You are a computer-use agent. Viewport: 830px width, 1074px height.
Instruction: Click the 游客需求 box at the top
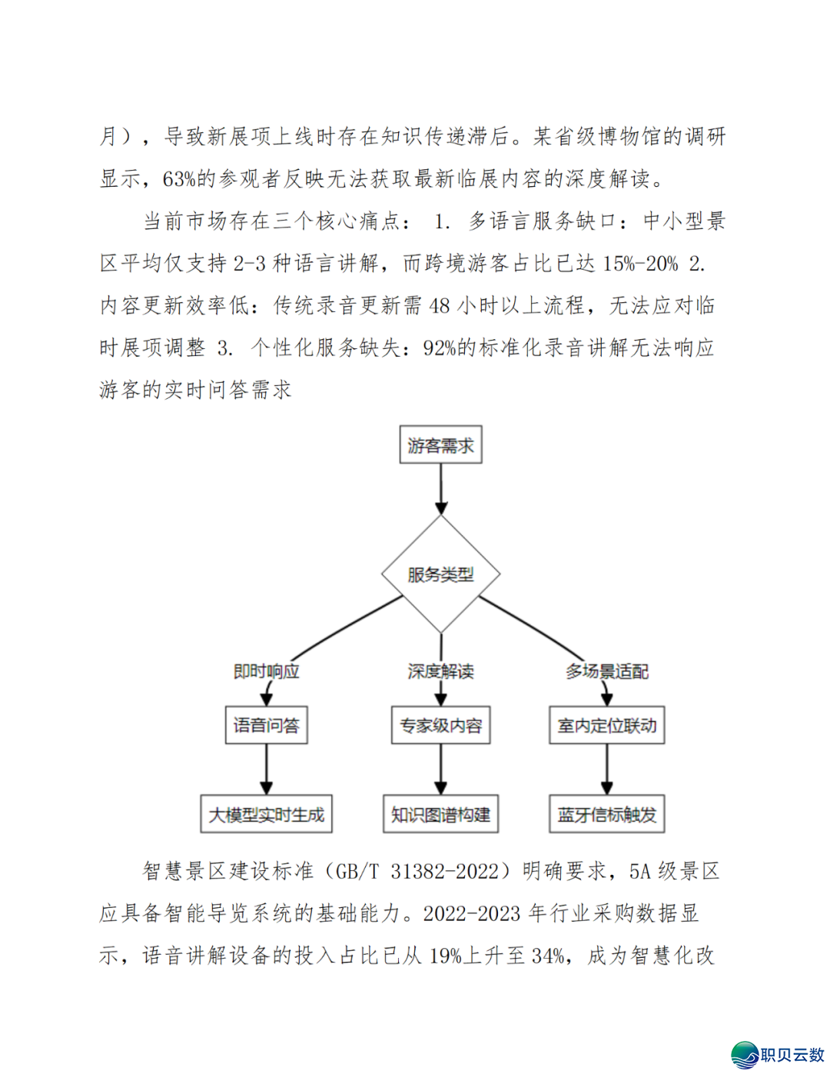click(x=440, y=445)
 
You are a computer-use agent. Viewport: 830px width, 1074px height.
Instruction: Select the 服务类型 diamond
click(x=440, y=574)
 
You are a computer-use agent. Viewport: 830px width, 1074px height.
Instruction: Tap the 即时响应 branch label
click(x=266, y=671)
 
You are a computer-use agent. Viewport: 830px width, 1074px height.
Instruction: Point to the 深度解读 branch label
click(x=440, y=671)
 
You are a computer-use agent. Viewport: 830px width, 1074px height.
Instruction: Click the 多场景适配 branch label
click(x=607, y=671)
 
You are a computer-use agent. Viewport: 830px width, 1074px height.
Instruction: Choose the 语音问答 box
click(x=266, y=725)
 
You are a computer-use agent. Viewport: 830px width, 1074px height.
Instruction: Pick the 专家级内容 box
click(x=440, y=725)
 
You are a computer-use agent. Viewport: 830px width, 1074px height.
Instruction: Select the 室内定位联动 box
click(x=607, y=725)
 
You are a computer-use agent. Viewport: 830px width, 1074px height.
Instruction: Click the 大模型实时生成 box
click(x=266, y=814)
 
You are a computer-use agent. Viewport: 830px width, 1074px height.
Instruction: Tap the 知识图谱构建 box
click(x=440, y=814)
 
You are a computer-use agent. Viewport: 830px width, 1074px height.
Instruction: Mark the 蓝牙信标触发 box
click(x=607, y=814)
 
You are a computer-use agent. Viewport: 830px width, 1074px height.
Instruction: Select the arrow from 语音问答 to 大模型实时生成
click(x=266, y=769)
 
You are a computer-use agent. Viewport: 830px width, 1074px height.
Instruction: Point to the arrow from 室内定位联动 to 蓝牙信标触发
click(x=607, y=769)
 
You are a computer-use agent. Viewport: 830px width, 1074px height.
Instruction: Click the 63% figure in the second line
click(x=179, y=179)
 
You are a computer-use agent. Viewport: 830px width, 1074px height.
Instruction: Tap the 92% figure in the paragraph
click(x=440, y=348)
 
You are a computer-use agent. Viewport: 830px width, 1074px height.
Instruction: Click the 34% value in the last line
click(x=548, y=956)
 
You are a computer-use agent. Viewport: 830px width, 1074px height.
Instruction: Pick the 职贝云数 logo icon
click(x=745, y=1055)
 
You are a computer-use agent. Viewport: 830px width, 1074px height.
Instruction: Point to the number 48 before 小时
click(x=440, y=306)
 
